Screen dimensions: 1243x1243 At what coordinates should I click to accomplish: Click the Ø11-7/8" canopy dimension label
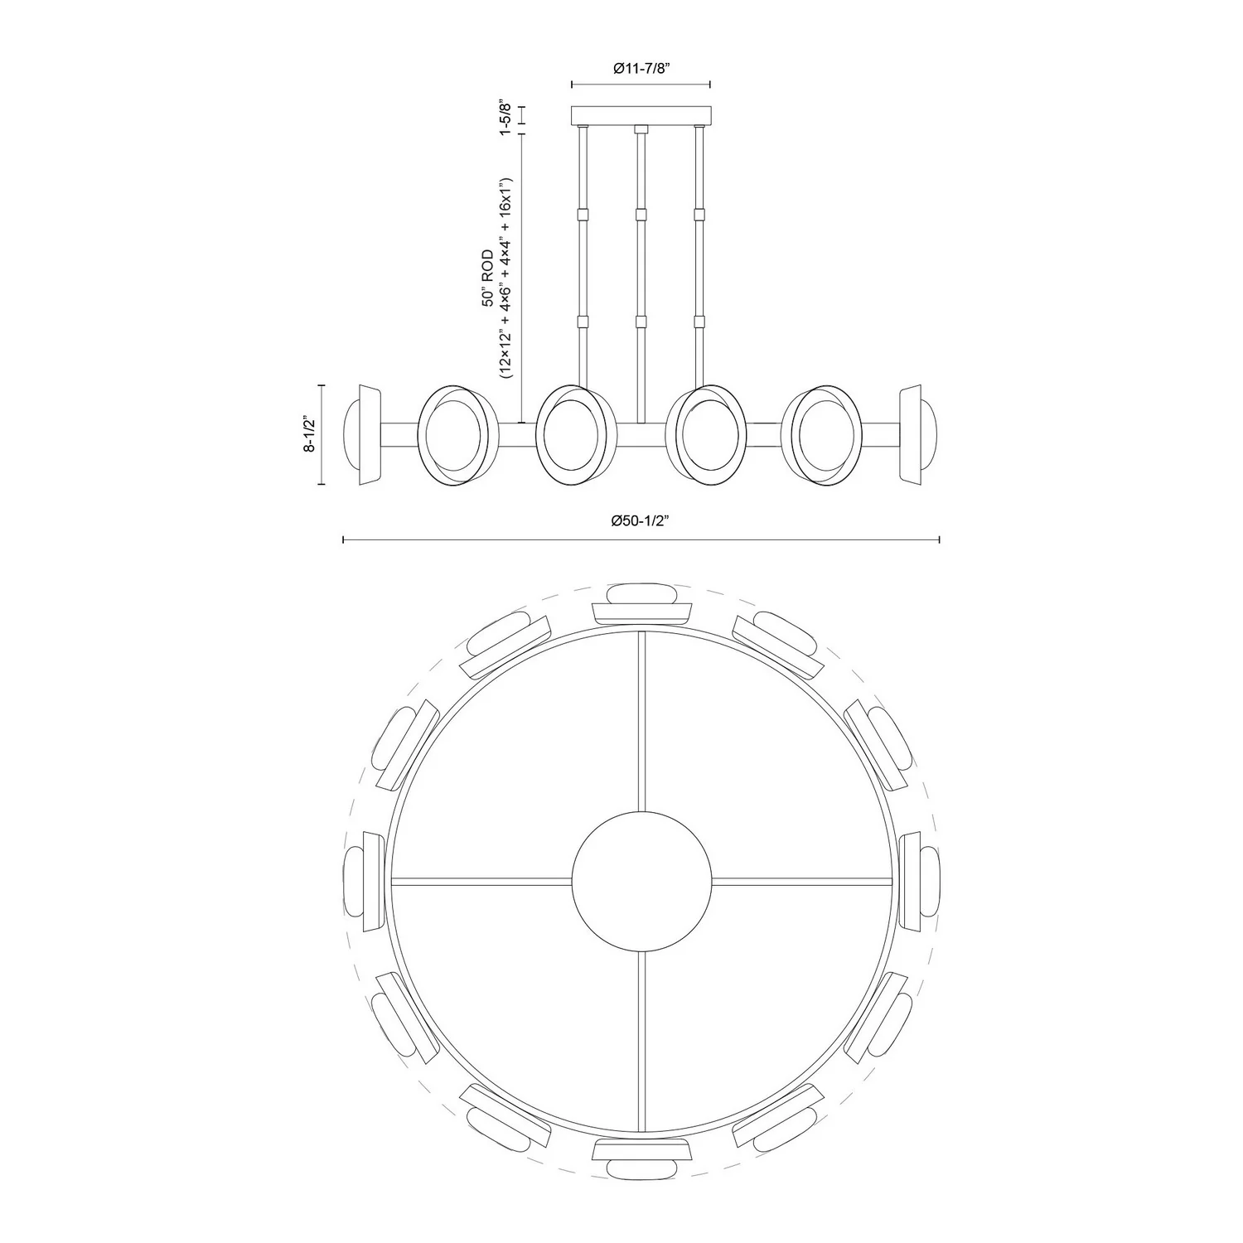pyautogui.click(x=641, y=70)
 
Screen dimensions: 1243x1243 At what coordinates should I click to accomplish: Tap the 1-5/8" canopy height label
pyautogui.click(x=502, y=119)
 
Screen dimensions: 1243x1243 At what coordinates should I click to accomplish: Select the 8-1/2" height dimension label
pyautogui.click(x=310, y=433)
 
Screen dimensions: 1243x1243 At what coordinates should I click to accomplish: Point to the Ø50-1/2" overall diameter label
pyautogui.click(x=640, y=520)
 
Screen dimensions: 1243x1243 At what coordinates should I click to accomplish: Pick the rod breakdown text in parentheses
pyautogui.click(x=507, y=278)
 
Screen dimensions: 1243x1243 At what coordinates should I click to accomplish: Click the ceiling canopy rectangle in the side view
pyautogui.click(x=641, y=115)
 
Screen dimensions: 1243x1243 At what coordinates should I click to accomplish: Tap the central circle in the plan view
pyautogui.click(x=642, y=880)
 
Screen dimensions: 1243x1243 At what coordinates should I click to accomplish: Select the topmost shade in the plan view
pyautogui.click(x=642, y=602)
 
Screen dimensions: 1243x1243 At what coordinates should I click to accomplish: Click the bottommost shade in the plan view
pyautogui.click(x=642, y=1158)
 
